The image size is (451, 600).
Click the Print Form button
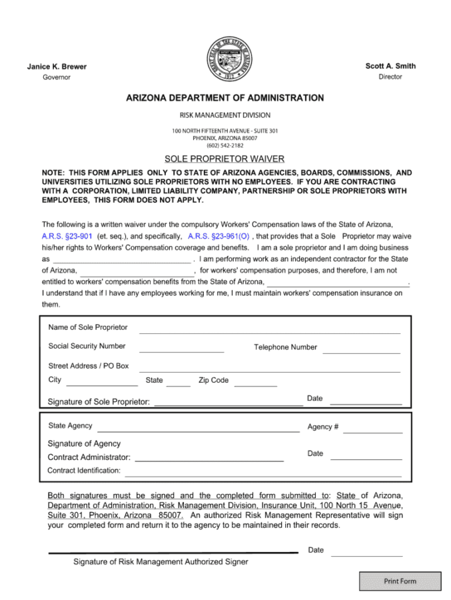tap(400, 581)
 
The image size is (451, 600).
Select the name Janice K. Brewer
tap(57, 67)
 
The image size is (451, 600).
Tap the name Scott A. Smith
tap(390, 66)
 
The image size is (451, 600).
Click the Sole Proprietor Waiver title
tap(225, 159)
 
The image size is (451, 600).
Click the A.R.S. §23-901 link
tap(67, 236)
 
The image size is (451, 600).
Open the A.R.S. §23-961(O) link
tap(219, 236)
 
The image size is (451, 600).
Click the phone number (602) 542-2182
tap(225, 145)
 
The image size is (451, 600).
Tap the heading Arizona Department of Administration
tap(225, 98)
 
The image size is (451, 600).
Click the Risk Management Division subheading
tap(225, 115)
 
